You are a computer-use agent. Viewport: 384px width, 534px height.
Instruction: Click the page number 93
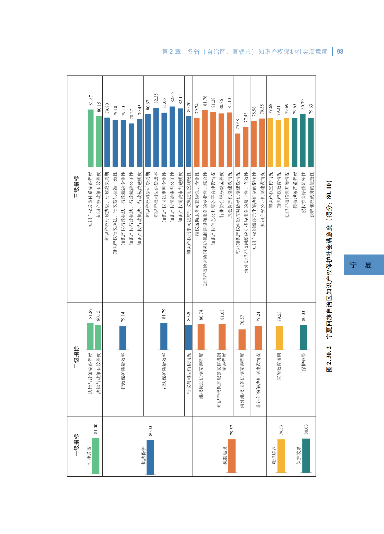(x=340, y=52)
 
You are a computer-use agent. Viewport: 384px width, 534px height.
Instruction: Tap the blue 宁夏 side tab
(x=363, y=264)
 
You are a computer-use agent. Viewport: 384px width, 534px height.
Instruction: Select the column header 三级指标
(x=76, y=187)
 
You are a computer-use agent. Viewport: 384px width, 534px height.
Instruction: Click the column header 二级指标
(x=76, y=357)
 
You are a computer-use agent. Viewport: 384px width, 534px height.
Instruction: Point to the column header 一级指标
(x=76, y=445)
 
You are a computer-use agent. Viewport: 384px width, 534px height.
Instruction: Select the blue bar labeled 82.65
(x=172, y=137)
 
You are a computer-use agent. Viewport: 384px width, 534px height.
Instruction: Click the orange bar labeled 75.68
(x=237, y=150)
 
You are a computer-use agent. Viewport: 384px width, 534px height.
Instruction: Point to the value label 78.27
(x=132, y=114)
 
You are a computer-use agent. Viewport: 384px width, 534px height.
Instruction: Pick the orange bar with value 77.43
(x=246, y=147)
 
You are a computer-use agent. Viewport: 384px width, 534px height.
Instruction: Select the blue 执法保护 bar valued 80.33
(x=150, y=457)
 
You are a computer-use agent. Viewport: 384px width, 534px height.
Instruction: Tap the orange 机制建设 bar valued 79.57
(x=232, y=456)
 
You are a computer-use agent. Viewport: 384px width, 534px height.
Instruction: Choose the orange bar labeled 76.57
(x=242, y=339)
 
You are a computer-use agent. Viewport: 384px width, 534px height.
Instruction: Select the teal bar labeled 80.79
(x=303, y=140)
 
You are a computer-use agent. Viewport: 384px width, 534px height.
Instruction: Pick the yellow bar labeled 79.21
(x=278, y=143)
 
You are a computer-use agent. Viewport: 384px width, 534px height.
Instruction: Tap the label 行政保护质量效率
(x=123, y=371)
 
